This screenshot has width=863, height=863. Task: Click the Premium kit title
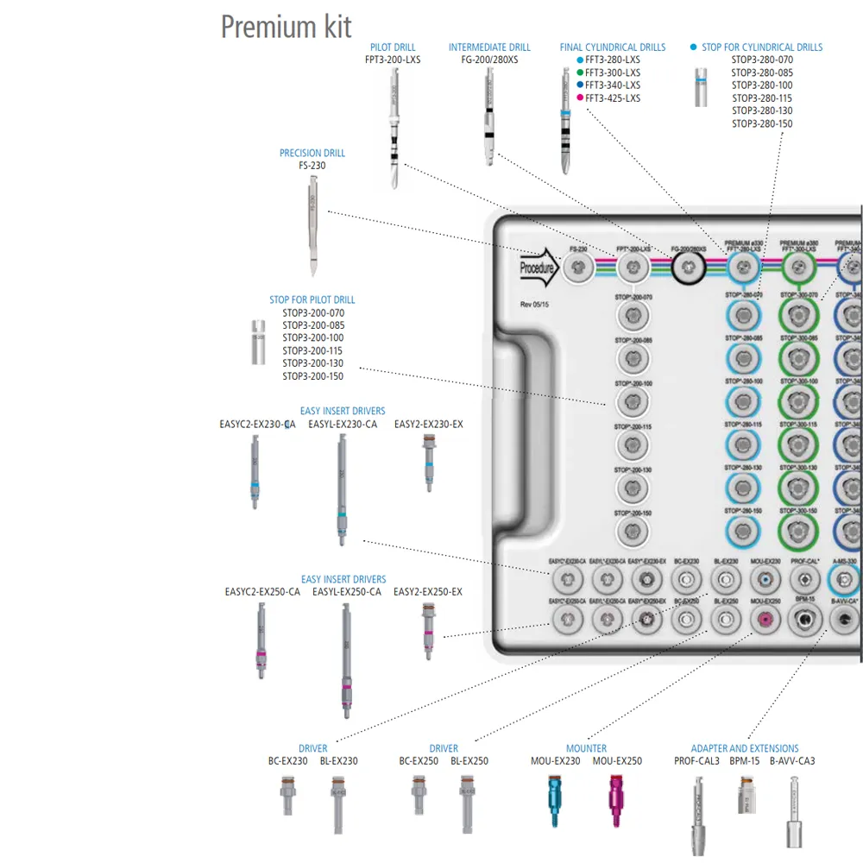pos(287,27)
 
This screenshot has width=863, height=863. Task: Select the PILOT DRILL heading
pos(393,47)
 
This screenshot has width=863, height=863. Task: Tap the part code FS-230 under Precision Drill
pos(312,166)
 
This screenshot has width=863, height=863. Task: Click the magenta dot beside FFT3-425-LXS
pos(580,98)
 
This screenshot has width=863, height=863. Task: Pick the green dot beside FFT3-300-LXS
pos(580,72)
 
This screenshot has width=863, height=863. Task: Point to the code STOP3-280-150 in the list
pos(762,124)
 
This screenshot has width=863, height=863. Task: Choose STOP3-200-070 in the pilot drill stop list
pos(312,312)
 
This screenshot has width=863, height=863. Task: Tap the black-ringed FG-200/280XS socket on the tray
pos(689,268)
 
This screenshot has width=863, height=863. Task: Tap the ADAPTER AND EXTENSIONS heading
pos(745,748)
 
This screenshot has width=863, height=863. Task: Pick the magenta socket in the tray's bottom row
pos(763,618)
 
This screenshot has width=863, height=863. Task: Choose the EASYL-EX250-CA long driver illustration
pos(346,659)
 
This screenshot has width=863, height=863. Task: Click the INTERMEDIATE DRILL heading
pos(489,47)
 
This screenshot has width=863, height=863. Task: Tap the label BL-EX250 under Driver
pos(469,761)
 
